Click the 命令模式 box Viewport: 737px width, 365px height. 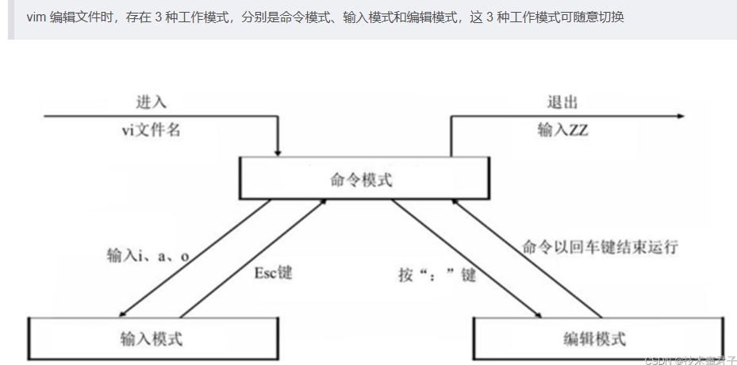pyautogui.click(x=362, y=179)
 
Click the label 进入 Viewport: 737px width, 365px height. pyautogui.click(x=151, y=102)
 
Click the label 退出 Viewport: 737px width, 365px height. pyautogui.click(x=562, y=102)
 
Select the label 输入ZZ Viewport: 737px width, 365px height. pyautogui.click(x=563, y=129)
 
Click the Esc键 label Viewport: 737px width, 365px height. pyautogui.click(x=273, y=272)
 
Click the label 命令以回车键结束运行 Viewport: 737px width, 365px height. pyautogui.click(x=601, y=247)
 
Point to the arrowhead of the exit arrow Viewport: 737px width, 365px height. pyautogui.click(x=679, y=117)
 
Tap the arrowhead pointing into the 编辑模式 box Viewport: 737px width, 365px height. pyautogui.click(x=539, y=315)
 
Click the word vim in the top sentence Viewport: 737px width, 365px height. pyautogui.click(x=36, y=17)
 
